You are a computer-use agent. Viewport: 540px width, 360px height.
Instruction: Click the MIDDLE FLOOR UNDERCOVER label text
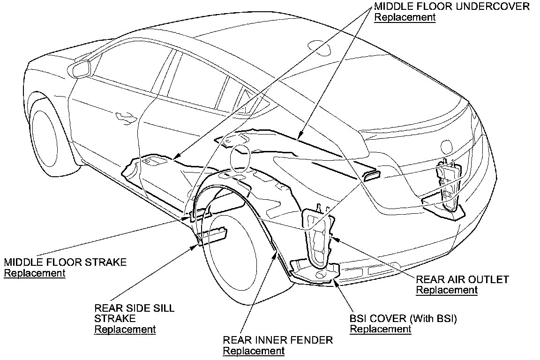[x=451, y=7]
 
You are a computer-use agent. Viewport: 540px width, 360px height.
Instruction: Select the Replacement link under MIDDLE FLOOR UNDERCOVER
[x=405, y=17]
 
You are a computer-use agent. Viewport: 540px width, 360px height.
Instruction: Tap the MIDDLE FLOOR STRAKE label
[x=65, y=262]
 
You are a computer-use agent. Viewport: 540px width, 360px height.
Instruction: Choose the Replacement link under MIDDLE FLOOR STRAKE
[x=35, y=273]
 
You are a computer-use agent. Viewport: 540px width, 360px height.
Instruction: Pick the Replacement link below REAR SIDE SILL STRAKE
[x=125, y=329]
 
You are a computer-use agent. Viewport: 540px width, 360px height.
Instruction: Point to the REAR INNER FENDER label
[x=278, y=340]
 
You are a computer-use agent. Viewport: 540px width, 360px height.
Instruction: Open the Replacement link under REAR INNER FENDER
[x=254, y=351]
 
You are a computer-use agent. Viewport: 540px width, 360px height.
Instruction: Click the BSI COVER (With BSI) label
[x=403, y=318]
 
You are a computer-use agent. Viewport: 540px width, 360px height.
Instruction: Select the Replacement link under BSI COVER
[x=381, y=329]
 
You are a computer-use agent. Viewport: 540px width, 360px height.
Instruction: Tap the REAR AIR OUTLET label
[x=462, y=279]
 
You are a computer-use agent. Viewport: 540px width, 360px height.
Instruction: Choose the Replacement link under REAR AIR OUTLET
[x=447, y=290]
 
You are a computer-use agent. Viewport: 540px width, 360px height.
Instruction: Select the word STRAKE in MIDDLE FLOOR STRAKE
[x=105, y=262]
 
